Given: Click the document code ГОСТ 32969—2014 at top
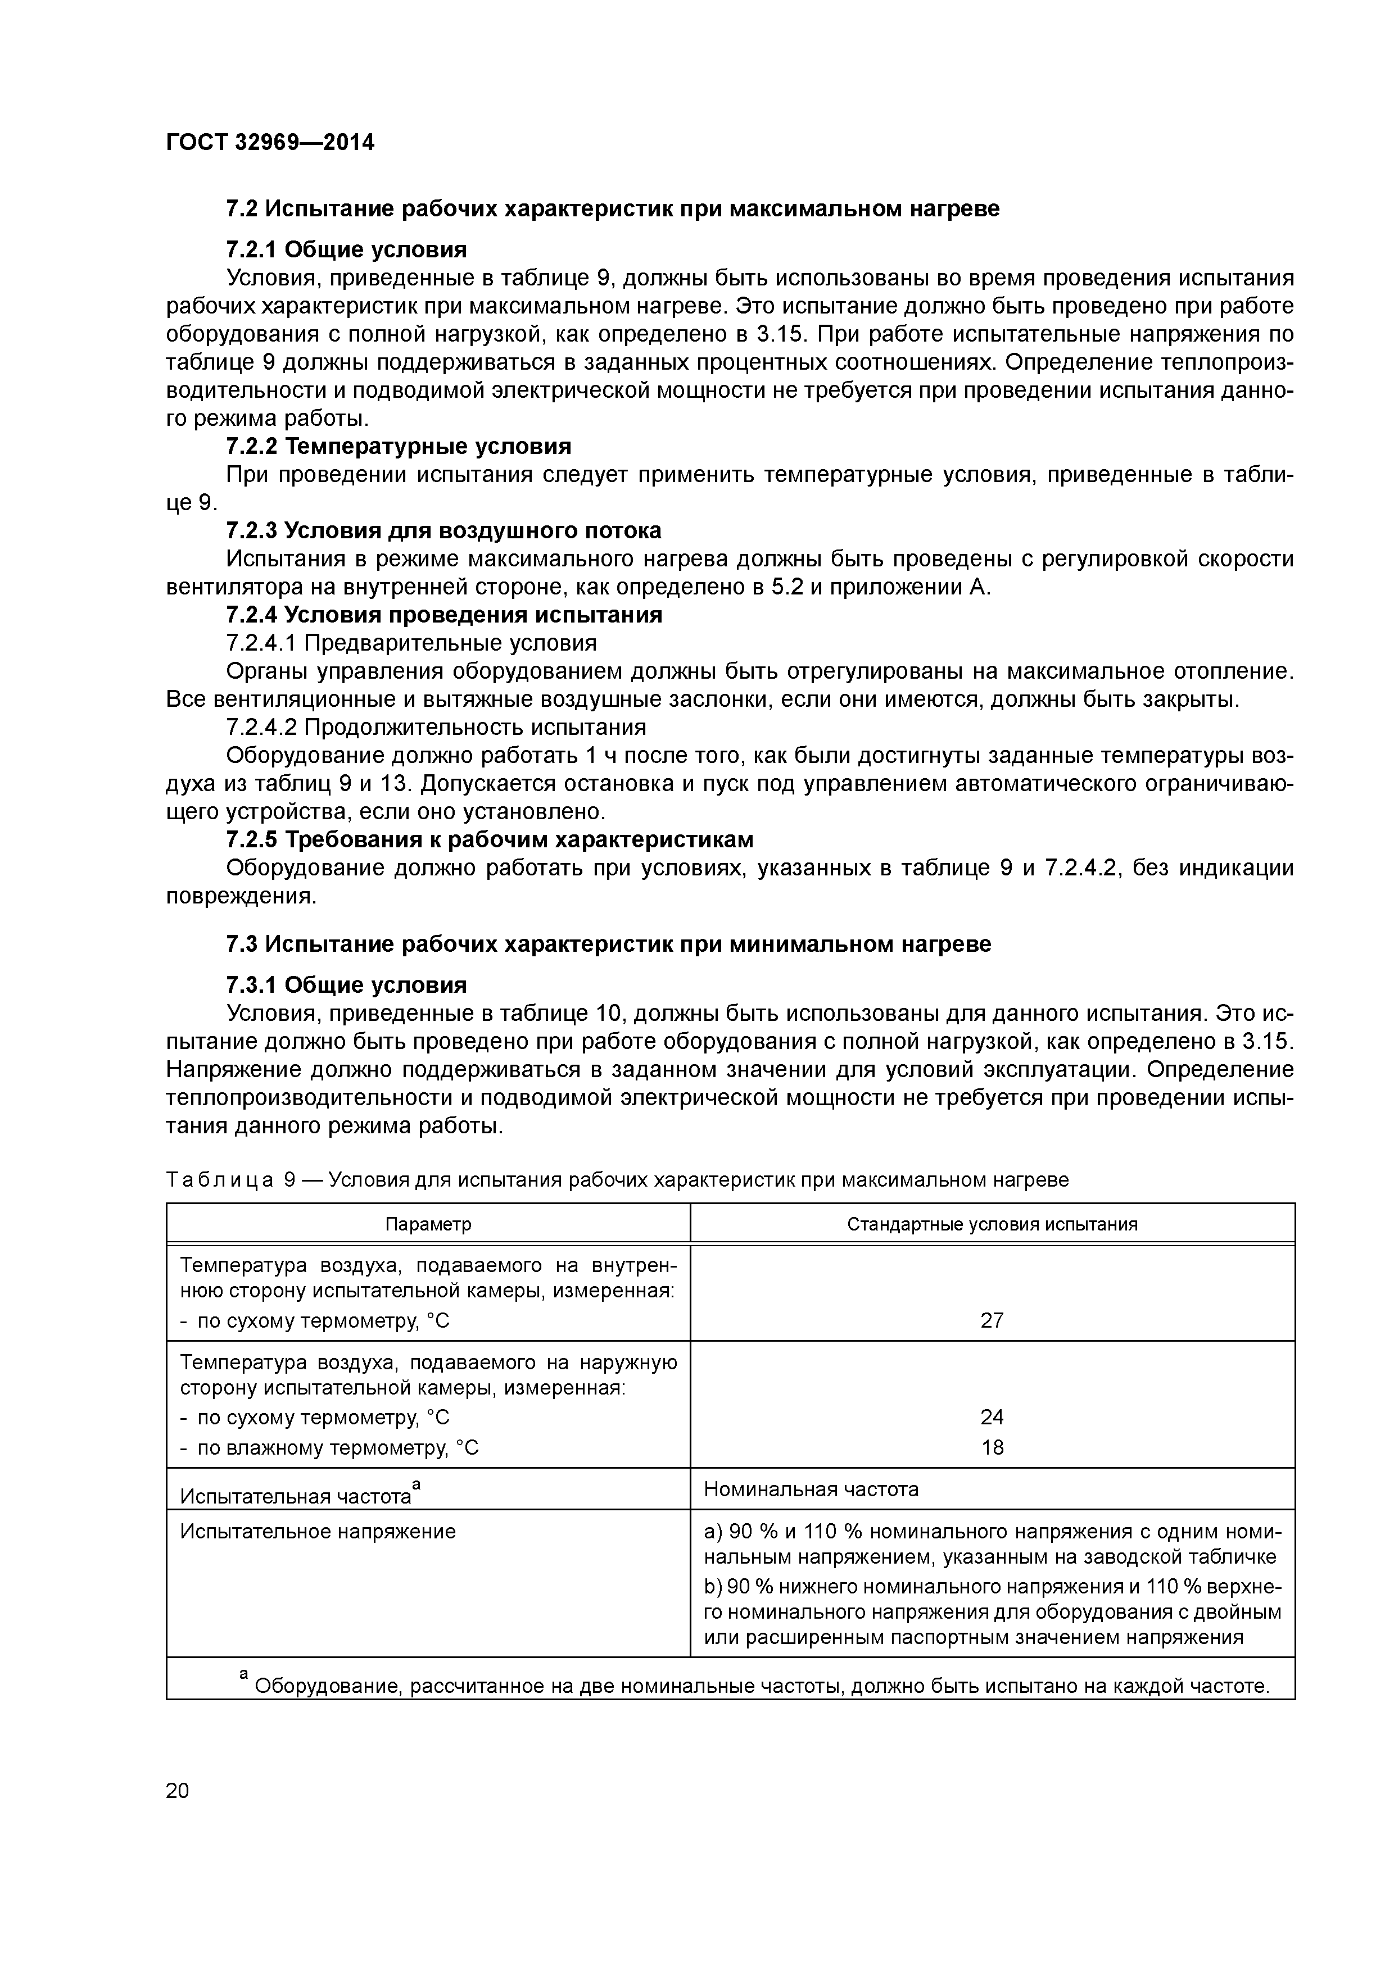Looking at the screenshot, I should point(270,143).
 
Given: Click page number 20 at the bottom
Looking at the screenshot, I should point(177,1790).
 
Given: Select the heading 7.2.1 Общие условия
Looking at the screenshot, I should point(346,250).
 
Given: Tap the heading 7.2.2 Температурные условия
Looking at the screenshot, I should point(397,446).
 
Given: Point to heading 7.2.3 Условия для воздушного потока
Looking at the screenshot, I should point(443,530).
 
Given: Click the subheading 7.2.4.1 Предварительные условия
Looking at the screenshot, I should point(410,643).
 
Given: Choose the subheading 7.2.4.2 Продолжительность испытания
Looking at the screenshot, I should point(436,727).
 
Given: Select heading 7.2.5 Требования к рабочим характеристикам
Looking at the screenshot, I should point(490,839).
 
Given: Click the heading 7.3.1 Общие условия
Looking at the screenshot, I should point(346,984).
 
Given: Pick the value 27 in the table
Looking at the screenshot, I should point(992,1320).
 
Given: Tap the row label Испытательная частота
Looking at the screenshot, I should point(296,1496).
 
